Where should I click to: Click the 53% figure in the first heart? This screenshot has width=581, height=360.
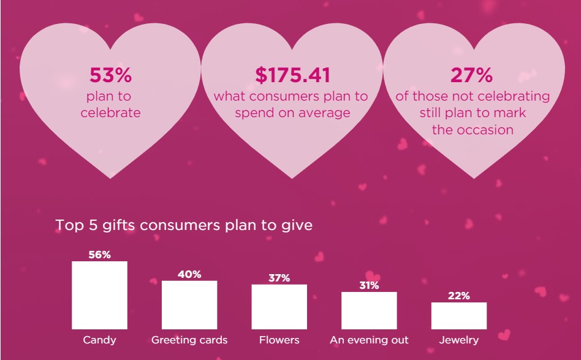pos(110,75)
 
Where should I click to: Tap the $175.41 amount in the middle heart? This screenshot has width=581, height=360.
pos(292,75)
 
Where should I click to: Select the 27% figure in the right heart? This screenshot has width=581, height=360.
pos(471,75)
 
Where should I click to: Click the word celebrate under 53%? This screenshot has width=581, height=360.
pos(110,113)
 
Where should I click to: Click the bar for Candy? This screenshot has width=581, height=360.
pos(99,296)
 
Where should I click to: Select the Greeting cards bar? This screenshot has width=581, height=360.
pos(189,305)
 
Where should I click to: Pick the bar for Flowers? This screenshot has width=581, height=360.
pos(279,307)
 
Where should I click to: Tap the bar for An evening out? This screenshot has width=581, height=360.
pos(369,310)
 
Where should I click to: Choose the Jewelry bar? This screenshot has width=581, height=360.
pos(458,316)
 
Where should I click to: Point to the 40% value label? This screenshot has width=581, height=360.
pos(189,274)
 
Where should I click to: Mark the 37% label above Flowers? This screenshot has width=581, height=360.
pos(279,278)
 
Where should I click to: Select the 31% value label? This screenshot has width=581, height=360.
pos(369,286)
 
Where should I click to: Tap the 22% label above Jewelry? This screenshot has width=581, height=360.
pos(458,296)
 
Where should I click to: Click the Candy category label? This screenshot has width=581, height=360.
pos(99,340)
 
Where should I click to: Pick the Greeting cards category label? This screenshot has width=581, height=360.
pos(189,340)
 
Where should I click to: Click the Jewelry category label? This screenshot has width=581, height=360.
pos(458,340)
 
